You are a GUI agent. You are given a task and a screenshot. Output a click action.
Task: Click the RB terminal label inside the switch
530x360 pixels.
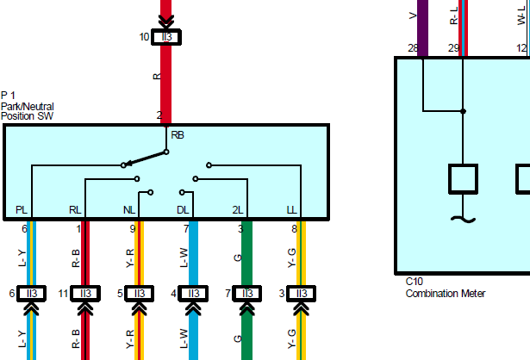coord(178,135)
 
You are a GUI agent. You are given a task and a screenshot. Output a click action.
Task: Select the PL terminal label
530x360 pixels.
coord(22,210)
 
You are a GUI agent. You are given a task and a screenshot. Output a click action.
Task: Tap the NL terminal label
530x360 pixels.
coord(129,210)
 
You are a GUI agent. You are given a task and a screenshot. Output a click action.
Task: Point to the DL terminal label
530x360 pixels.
coord(183,210)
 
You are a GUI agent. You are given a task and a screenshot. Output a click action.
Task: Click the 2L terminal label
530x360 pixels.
coord(238,210)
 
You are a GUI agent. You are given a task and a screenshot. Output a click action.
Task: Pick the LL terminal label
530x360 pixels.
coord(291,210)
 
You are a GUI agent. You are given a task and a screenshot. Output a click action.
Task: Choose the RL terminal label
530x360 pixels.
coord(75,210)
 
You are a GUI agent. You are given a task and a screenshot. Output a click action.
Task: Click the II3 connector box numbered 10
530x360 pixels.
coord(166,37)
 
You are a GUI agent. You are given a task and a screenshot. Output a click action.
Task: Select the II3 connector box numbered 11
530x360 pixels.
coord(85,294)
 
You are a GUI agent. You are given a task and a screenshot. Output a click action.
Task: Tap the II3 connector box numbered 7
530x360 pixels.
coord(247,294)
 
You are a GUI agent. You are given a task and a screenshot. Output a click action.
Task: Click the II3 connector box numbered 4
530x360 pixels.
coord(193,294)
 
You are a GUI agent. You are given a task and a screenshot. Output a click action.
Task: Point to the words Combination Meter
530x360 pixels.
coord(446,294)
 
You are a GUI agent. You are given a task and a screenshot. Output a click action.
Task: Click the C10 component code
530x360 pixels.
coord(414,282)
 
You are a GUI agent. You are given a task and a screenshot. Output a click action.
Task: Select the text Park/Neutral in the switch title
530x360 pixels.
coord(28,107)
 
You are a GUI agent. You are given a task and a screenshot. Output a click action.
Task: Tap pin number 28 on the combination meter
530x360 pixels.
coord(413,48)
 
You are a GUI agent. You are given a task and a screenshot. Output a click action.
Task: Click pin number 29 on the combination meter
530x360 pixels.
coord(453,48)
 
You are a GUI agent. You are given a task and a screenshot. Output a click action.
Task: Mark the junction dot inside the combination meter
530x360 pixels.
coord(463,111)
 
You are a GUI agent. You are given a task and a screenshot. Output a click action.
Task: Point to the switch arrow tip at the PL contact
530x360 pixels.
coord(126,164)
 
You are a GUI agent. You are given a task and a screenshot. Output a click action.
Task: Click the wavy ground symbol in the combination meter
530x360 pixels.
coord(463,220)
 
